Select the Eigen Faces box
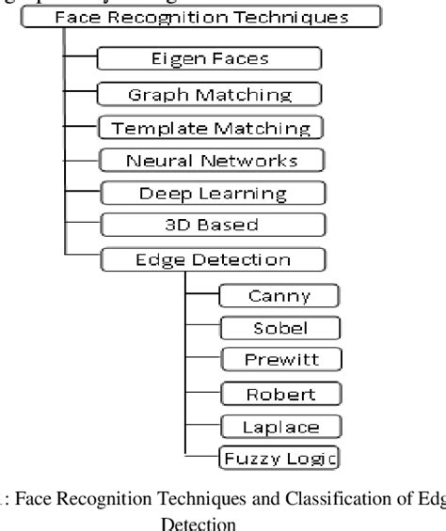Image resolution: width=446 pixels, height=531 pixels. (211, 60)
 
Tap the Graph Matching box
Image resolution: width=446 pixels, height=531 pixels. (211, 94)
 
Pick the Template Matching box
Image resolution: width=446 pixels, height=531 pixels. (211, 127)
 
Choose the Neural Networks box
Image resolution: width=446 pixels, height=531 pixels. (212, 160)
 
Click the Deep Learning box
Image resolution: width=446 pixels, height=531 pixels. (212, 194)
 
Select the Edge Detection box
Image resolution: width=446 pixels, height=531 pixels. (212, 259)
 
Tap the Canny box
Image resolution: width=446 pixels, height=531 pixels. (279, 297)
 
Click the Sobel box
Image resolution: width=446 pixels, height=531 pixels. (279, 329)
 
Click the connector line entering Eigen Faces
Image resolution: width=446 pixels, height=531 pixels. (81, 60)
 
